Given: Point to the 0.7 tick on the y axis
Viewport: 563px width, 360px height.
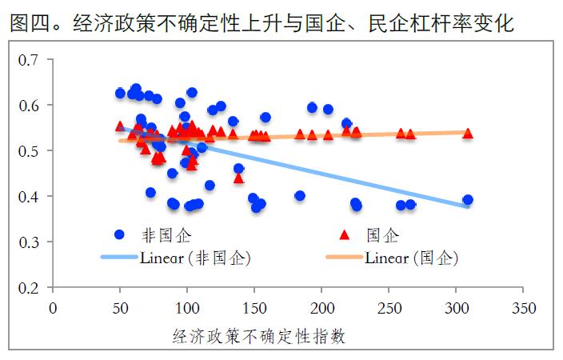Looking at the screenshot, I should [x=29, y=60].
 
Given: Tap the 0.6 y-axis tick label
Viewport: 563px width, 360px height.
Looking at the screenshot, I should [x=29, y=106].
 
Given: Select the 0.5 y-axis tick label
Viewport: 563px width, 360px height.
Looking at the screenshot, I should [x=29, y=151].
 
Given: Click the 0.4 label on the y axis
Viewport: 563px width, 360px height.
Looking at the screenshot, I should [x=29, y=197].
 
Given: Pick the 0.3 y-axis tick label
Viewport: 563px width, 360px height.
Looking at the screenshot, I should [x=29, y=242].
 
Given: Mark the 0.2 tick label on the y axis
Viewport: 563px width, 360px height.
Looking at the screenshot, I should [x=29, y=287].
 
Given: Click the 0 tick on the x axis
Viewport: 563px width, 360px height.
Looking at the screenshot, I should [x=53, y=306].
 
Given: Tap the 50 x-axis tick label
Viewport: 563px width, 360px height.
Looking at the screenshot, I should [x=120, y=306].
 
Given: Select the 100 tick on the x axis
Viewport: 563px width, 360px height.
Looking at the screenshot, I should [x=187, y=306].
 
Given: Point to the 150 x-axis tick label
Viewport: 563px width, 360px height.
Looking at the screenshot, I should [x=254, y=306].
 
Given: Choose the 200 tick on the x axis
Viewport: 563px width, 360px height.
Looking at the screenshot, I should [x=321, y=306].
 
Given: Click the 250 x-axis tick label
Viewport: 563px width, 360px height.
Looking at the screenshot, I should [x=389, y=306].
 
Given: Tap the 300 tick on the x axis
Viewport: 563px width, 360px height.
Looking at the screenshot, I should [x=456, y=306].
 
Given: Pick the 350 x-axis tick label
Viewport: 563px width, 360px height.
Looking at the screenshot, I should [x=523, y=306].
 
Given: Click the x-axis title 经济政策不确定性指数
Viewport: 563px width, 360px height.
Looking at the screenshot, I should [x=258, y=336].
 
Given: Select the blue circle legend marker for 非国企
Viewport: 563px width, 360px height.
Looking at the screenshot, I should [x=120, y=234].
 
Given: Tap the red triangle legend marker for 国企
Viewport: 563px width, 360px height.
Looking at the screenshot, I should [x=345, y=234].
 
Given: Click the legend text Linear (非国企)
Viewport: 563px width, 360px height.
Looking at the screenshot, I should [x=196, y=258].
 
